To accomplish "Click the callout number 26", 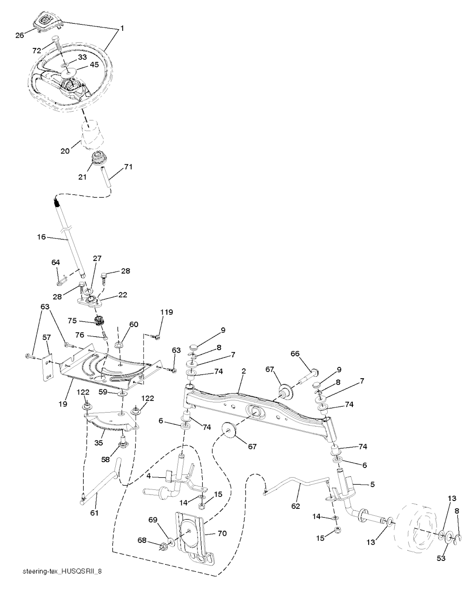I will coord(20,35).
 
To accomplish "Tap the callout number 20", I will coord(65,151).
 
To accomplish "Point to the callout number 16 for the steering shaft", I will coord(42,237).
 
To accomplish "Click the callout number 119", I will coord(166,313).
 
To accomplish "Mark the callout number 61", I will coord(94,513).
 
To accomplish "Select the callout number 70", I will coord(222,534).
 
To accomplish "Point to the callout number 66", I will coord(295,354).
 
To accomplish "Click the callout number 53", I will coord(441,558).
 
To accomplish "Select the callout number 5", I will coord(372,484).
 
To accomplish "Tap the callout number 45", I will coord(94,66).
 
